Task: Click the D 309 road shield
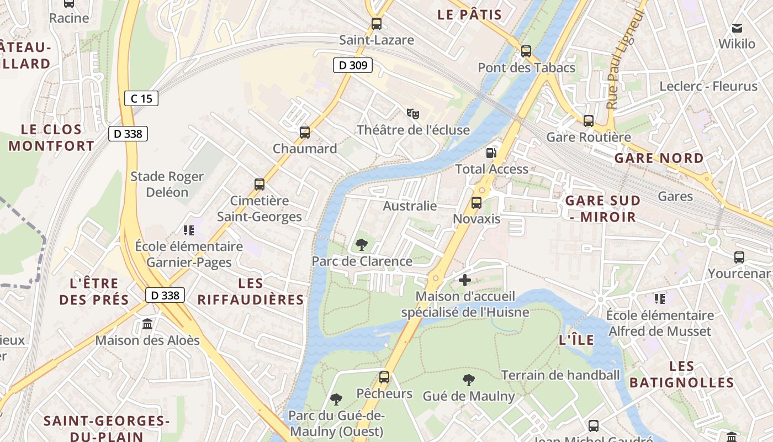[x=353, y=65]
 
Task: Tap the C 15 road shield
[x=141, y=98]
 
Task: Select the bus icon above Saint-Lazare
[x=377, y=24]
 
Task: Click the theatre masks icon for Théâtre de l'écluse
[x=412, y=114]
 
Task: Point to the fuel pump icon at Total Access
[x=491, y=152]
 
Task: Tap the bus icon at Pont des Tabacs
[x=526, y=51]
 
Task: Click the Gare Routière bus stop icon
[x=589, y=120]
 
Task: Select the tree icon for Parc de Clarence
[x=362, y=244]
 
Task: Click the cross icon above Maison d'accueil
[x=465, y=280]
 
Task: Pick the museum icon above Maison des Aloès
[x=147, y=324]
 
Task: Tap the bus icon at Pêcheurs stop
[x=384, y=377]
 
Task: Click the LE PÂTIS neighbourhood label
[x=469, y=15]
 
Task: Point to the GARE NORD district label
[x=659, y=158]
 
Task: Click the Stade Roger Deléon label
[x=167, y=184]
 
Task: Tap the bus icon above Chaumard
[x=304, y=133]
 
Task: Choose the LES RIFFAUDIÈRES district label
[x=251, y=291]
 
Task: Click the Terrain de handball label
[x=560, y=375]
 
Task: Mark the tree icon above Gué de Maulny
[x=468, y=380]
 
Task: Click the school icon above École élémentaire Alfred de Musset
[x=659, y=299]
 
